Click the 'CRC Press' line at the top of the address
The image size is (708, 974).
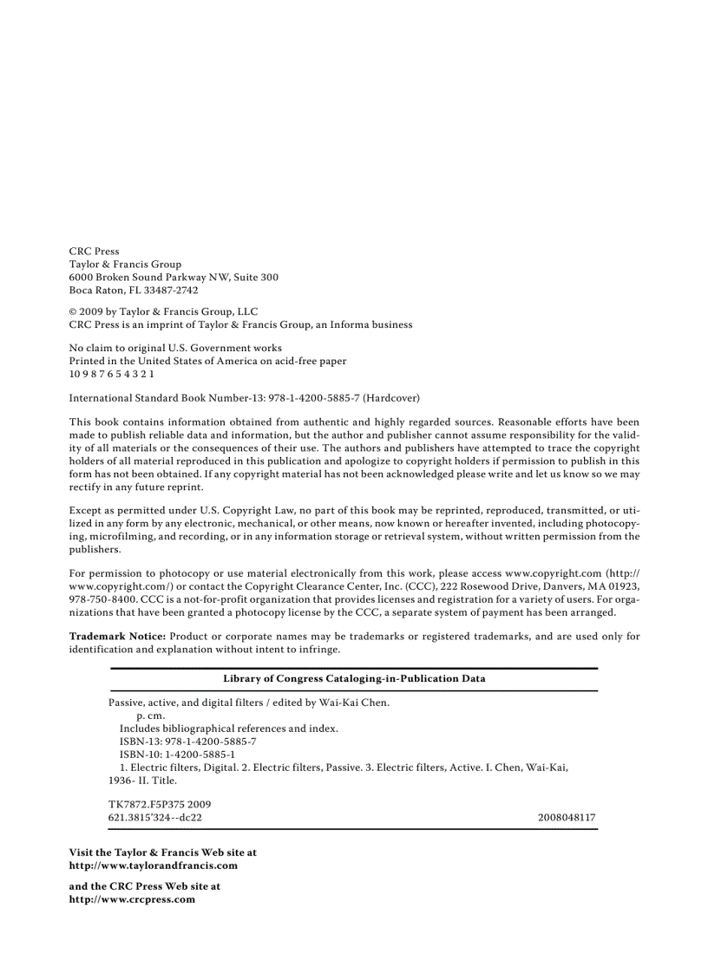[x=94, y=251]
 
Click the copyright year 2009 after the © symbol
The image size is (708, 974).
[x=91, y=311]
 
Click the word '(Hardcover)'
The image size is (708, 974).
[x=391, y=398]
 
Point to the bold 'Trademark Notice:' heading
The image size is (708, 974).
[x=117, y=636]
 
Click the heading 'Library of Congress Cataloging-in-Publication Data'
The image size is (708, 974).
[x=354, y=678]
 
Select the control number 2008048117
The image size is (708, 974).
[x=566, y=817]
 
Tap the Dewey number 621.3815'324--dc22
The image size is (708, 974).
[x=154, y=817]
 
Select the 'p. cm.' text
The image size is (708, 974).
[x=151, y=716]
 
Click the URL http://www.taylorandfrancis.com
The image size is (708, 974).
[x=153, y=866]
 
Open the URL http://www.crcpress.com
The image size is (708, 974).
[x=132, y=899]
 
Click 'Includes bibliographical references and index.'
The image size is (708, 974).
[x=228, y=729]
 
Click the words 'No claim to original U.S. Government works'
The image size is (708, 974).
[x=175, y=348]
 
